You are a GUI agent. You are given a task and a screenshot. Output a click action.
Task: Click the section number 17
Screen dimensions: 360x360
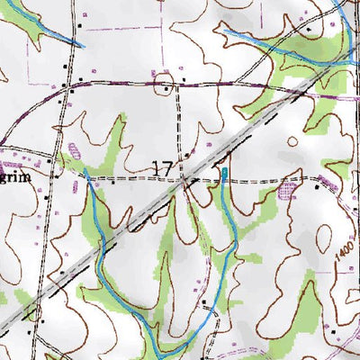163,167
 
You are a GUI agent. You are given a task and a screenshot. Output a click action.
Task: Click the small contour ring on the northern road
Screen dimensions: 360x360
165,86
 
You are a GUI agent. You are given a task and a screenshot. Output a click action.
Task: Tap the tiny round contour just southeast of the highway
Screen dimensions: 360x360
292,141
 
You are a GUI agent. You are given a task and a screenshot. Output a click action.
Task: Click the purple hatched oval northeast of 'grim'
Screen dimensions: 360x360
74,151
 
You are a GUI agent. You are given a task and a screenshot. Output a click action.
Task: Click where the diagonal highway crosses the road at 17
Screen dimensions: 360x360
184,180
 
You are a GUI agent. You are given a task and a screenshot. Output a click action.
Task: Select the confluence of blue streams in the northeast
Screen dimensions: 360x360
349,58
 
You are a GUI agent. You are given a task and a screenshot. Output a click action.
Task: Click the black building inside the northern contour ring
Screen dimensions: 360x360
165,87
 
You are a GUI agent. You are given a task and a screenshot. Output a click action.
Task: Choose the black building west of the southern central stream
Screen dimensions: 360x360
204,302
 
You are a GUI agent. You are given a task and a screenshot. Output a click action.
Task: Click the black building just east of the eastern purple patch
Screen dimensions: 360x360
317,188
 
